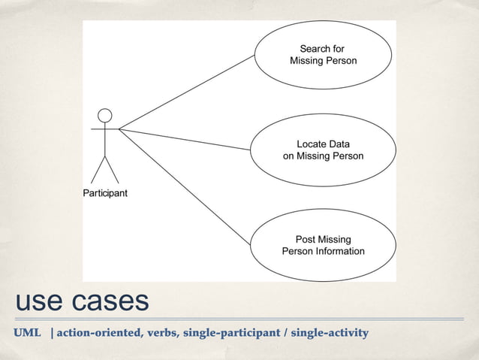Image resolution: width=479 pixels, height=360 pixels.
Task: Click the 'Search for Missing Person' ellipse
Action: [x=323, y=55]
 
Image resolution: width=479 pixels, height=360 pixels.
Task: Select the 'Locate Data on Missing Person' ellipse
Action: [x=323, y=150]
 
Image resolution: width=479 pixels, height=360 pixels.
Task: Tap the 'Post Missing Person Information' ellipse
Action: [x=323, y=245]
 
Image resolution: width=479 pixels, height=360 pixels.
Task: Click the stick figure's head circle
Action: [x=105, y=115]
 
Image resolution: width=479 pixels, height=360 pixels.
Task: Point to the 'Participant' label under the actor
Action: [x=104, y=193]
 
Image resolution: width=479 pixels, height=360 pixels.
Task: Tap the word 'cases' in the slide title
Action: [x=110, y=301]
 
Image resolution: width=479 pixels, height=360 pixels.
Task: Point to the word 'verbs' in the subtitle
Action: [x=160, y=332]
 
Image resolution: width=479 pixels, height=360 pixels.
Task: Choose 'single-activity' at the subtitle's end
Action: [x=330, y=332]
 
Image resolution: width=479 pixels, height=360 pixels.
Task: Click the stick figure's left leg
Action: [x=98, y=171]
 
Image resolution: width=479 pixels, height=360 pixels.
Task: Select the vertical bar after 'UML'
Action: [x=52, y=332]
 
